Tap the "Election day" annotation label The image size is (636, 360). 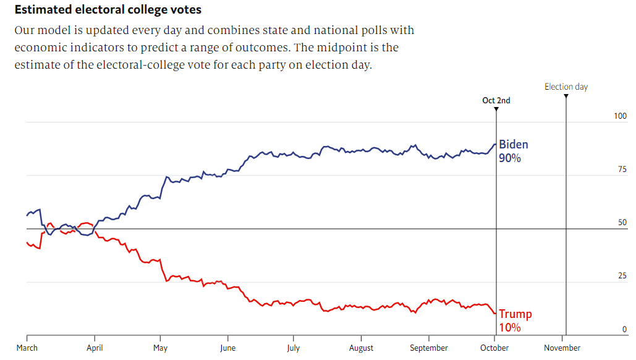pos(566,87)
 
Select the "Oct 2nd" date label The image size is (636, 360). pos(496,100)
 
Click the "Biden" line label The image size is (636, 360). pos(514,145)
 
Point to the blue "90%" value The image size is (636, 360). pos(510,158)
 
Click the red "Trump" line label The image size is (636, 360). pos(515,314)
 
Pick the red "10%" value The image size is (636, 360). pos(510,327)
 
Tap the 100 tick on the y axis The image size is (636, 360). pos(621,116)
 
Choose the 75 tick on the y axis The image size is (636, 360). pos(622,169)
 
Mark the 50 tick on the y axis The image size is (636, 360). pos(622,223)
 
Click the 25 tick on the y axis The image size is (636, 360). pos(622,276)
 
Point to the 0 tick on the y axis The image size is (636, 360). pos(624,330)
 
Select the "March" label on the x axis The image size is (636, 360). pos(27,348)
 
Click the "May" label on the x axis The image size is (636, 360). pos(160,348)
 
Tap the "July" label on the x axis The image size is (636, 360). pos(294,348)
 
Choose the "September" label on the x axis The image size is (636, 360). pos(429,348)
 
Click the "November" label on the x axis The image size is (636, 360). pos(562,348)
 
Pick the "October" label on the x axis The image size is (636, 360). pos(495,348)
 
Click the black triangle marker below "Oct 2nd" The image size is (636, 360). pos(496,109)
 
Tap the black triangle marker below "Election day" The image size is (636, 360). pos(566,96)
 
